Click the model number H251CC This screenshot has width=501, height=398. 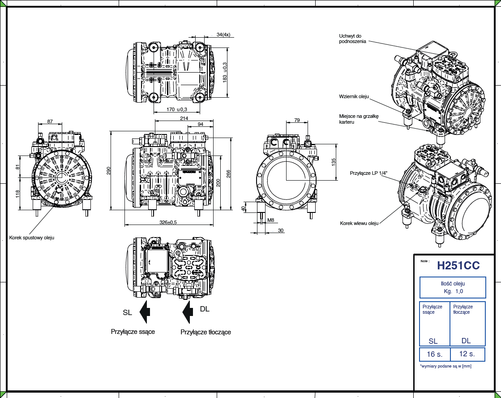point(458,265)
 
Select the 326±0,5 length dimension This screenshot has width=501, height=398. point(168,222)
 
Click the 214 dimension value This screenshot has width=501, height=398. point(184,118)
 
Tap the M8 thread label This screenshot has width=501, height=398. point(270,220)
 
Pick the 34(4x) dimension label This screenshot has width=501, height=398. point(223,35)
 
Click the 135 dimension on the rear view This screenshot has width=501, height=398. point(333,162)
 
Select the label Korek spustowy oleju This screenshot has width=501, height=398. point(32,238)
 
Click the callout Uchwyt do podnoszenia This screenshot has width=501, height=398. point(353,39)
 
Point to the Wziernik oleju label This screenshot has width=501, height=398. point(354,96)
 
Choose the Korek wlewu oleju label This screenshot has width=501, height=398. point(359,223)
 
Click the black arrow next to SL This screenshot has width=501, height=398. point(145,312)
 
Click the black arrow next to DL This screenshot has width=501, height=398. point(188,312)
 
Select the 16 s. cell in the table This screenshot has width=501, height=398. point(434,354)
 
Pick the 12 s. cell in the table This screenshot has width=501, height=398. point(467,354)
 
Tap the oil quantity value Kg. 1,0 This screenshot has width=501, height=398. point(453,291)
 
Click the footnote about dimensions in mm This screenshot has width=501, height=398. point(445,366)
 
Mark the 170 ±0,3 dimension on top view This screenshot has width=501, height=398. point(176,109)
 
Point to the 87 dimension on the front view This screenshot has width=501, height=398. point(50,121)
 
